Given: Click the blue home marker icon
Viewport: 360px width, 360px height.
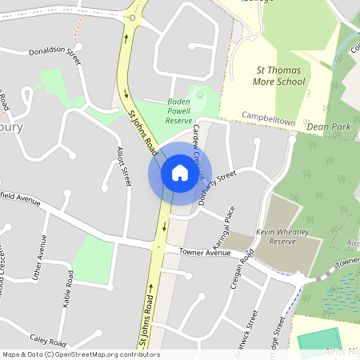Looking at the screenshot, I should pyautogui.click(x=180, y=173).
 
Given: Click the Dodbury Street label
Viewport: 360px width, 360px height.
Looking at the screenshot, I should pyautogui.click(x=217, y=188).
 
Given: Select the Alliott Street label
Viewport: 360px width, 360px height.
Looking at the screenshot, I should pyautogui.click(x=123, y=166).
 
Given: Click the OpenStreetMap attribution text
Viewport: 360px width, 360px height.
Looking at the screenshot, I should pyautogui.click(x=80, y=354).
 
